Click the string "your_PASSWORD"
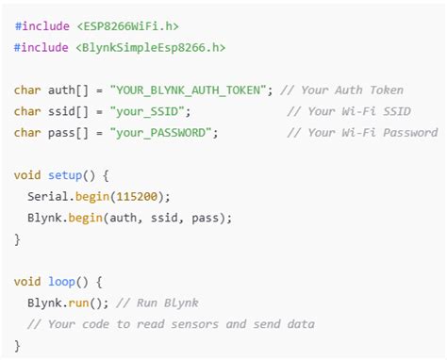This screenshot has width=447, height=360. click(163, 132)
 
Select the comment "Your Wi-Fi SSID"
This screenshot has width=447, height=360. click(361, 110)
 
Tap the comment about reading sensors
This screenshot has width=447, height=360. click(171, 323)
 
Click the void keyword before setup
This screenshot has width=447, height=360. click(28, 174)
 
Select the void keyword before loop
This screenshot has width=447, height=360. click(28, 281)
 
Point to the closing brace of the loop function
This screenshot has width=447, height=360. click(17, 345)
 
